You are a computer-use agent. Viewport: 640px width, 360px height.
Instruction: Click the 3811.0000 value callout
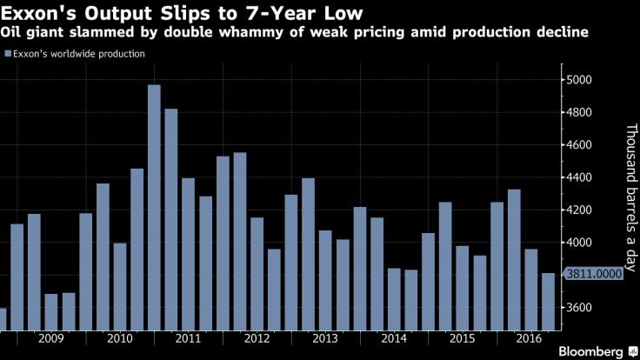(x=595, y=275)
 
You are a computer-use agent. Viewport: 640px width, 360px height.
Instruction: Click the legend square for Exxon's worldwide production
(x=8, y=54)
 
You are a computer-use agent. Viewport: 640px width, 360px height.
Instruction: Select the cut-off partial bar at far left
(x=3, y=319)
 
